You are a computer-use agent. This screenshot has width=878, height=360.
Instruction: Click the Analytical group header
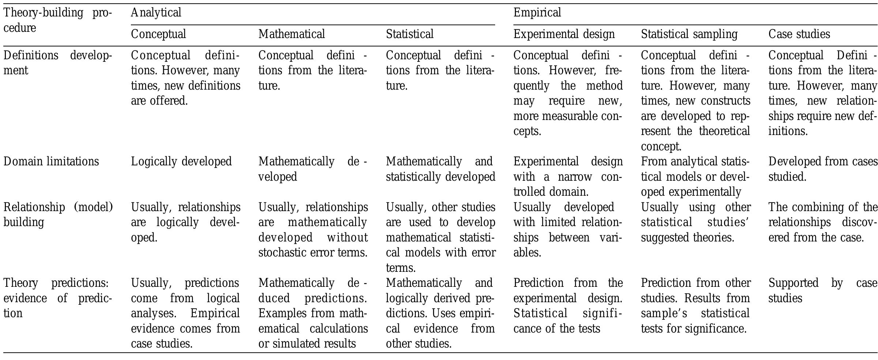tap(156, 13)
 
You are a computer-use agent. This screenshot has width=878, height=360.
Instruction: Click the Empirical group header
tap(537, 13)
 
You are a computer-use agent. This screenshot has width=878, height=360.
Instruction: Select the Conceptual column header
tap(158, 34)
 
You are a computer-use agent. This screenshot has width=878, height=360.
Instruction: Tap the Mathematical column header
tap(291, 34)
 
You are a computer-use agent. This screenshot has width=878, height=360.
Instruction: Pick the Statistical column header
tap(410, 34)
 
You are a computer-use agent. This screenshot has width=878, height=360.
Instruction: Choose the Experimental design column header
tap(564, 34)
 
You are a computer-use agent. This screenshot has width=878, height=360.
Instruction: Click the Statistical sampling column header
tap(689, 34)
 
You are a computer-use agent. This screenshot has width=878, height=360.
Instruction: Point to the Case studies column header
tap(799, 34)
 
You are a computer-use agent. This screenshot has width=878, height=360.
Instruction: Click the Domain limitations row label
tap(51, 162)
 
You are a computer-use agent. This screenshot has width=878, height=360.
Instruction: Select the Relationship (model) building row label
tap(58, 215)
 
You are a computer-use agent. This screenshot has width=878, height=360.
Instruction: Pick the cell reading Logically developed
tap(181, 162)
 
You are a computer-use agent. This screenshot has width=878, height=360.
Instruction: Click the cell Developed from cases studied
tap(822, 169)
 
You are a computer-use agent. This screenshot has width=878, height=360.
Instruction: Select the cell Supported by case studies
tap(822, 290)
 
